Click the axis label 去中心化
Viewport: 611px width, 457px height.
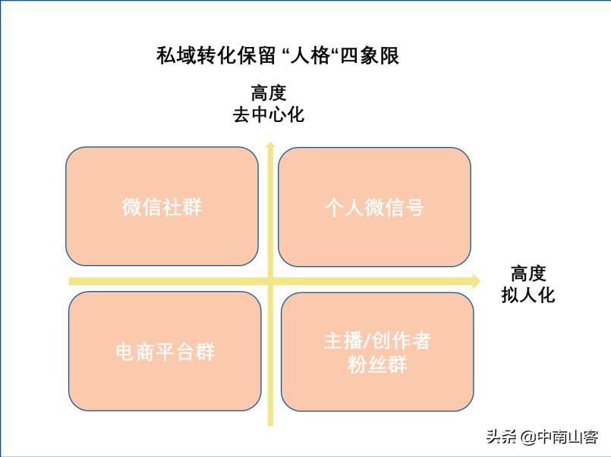point(269,115)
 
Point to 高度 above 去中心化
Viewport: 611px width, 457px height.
point(269,94)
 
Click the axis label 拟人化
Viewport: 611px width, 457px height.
point(528,295)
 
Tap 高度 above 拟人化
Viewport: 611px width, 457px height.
point(528,274)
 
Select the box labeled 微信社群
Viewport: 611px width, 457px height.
point(162,206)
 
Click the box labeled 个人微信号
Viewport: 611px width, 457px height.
point(374,207)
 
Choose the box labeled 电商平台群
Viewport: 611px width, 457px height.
point(165,351)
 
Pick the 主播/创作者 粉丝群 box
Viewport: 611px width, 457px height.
point(377,352)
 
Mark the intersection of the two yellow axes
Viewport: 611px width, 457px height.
point(269,281)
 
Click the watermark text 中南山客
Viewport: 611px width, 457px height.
point(568,437)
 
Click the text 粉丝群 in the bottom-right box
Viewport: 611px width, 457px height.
point(377,365)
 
